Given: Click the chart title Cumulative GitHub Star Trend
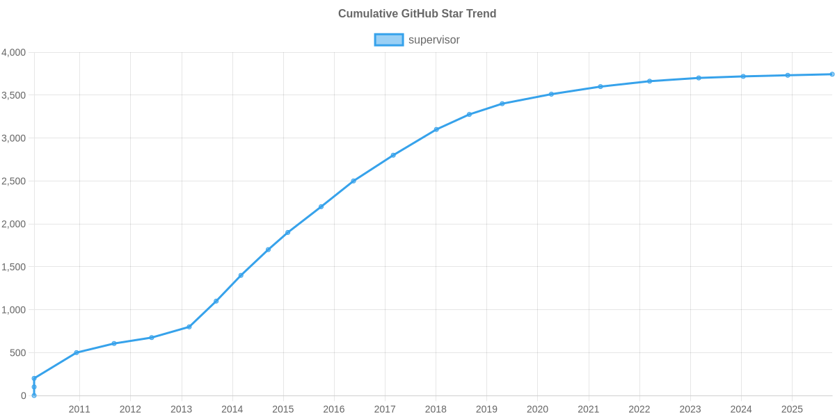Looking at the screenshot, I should tap(417, 13).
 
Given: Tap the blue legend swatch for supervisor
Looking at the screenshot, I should tap(388, 40).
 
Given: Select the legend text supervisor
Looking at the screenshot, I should tap(434, 40).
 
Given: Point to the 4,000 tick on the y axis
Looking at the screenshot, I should tap(14, 53).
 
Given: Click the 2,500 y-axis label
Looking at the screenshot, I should tap(14, 181).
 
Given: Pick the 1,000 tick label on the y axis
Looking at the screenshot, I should tap(14, 310).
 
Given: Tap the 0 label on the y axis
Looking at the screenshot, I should tap(23, 395).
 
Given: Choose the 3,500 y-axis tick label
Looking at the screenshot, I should tap(14, 95).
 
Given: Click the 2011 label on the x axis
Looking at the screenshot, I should tap(79, 409).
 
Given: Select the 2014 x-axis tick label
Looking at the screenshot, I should tap(232, 409).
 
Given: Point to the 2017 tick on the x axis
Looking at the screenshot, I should tap(385, 409).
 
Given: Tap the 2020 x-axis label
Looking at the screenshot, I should tap(537, 409).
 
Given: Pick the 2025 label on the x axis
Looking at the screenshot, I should tap(792, 409).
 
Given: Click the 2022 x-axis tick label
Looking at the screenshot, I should tap(639, 409).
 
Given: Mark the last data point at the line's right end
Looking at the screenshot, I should tap(832, 74).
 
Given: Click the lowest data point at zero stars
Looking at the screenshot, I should tap(34, 395).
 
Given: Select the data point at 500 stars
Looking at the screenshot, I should tap(77, 352).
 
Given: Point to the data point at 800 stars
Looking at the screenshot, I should tap(189, 327).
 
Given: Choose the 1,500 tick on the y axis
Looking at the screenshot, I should tap(14, 267).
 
